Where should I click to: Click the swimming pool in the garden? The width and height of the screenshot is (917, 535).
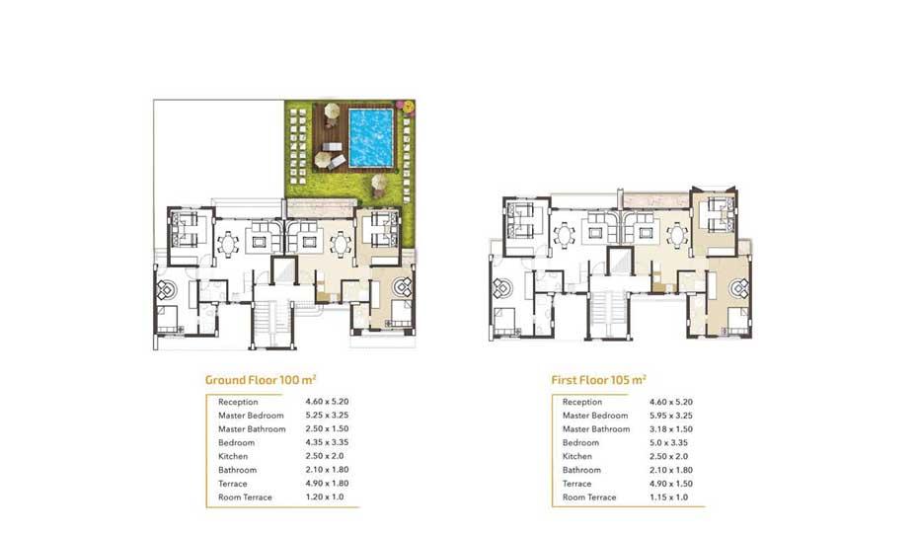371,138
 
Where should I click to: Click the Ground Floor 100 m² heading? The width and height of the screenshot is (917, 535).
261,380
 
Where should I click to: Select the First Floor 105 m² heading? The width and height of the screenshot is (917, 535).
598,380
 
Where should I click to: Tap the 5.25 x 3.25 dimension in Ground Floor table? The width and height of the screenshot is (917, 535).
327,416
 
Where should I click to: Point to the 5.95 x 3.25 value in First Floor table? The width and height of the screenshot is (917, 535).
671,416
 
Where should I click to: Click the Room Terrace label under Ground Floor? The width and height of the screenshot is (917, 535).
245,497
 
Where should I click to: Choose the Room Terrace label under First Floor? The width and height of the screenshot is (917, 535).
589,497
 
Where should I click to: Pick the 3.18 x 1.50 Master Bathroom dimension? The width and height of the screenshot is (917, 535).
671,429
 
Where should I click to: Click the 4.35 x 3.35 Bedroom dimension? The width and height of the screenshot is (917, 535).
327,442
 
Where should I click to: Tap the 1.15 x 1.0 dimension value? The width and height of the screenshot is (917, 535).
668,497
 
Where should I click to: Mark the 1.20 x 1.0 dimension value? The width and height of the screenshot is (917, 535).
325,497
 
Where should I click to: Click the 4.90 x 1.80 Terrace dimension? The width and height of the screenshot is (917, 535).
327,484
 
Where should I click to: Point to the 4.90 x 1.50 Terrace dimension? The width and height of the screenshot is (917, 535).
671,484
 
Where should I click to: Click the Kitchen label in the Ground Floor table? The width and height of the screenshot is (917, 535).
233,456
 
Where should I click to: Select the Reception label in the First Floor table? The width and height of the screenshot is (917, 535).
582,402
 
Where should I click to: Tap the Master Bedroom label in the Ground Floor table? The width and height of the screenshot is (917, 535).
251,416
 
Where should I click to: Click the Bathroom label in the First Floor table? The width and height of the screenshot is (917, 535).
581,470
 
